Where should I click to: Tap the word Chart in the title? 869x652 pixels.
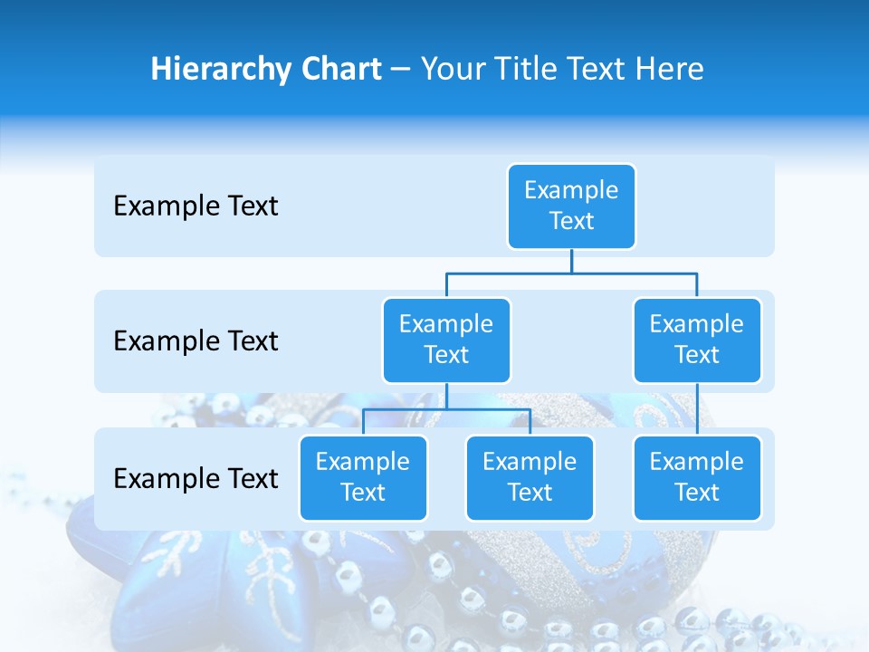338,70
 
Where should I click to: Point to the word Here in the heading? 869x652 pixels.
668,70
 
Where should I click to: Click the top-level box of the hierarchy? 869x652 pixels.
571,206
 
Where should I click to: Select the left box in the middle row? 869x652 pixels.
446,340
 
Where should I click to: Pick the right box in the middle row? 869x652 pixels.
697,340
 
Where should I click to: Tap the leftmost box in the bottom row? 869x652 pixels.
363,477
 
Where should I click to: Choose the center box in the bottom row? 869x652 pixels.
530,477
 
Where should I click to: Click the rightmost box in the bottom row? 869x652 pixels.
697,477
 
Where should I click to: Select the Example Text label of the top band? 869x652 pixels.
196,206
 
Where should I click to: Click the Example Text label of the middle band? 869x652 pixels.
196,341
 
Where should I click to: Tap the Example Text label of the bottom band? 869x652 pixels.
196,479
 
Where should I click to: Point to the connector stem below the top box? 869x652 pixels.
571,261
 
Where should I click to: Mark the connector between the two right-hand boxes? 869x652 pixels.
697,408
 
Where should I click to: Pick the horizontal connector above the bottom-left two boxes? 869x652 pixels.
446,409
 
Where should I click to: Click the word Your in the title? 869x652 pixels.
451,70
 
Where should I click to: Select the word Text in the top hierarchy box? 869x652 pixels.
571,221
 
